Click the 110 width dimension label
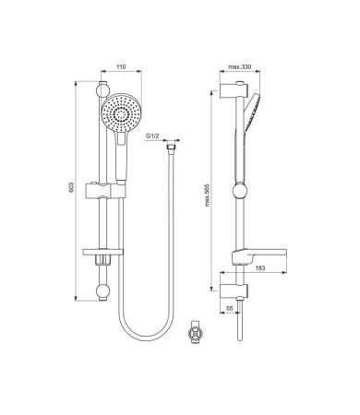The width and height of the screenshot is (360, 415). click(121, 66)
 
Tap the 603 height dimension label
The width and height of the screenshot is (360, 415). click(71, 188)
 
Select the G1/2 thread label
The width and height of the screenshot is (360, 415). click(152, 136)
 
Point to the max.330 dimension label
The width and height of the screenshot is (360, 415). click(240, 66)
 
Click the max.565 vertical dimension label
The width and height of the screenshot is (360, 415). click(207, 196)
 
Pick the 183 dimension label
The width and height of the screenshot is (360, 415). click(260, 268)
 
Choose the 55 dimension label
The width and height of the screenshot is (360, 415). click(229, 308)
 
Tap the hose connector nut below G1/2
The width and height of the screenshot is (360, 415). click(171, 147)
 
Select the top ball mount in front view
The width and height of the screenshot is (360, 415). click(102, 89)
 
